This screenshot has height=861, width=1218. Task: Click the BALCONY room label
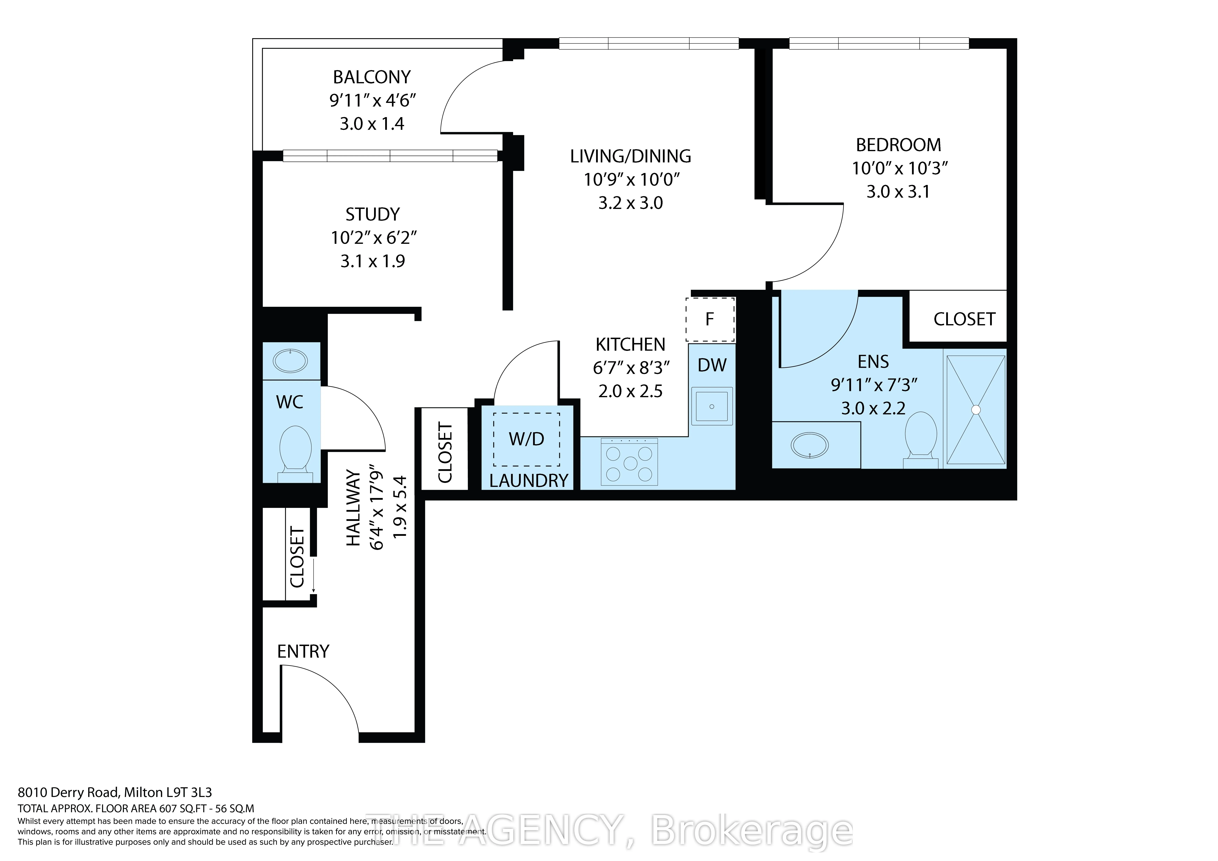click(x=372, y=77)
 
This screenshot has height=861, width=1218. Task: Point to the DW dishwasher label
click(x=712, y=365)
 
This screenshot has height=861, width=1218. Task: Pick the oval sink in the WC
click(x=290, y=361)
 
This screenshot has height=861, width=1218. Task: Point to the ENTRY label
click(x=303, y=652)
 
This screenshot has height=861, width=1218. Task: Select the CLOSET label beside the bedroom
click(x=964, y=319)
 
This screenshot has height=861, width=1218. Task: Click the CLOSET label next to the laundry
click(x=445, y=452)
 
